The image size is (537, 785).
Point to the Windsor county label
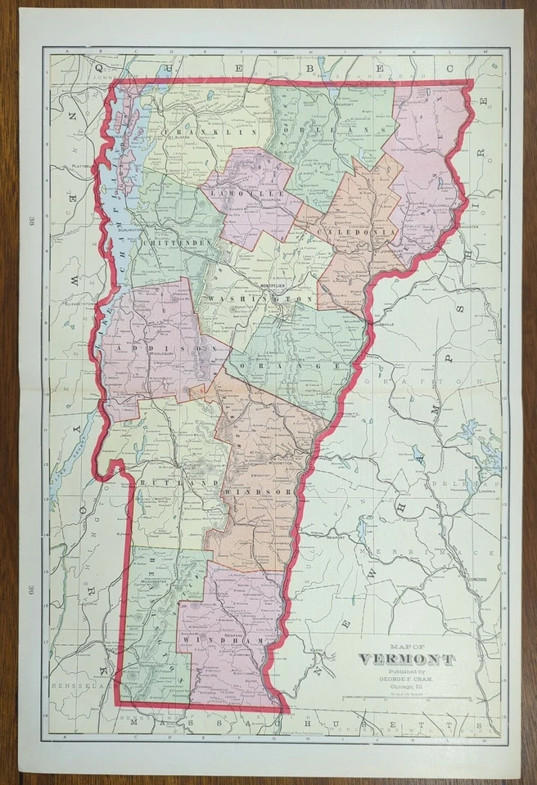click(x=255, y=491)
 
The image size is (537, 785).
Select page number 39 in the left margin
click(x=30, y=590)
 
